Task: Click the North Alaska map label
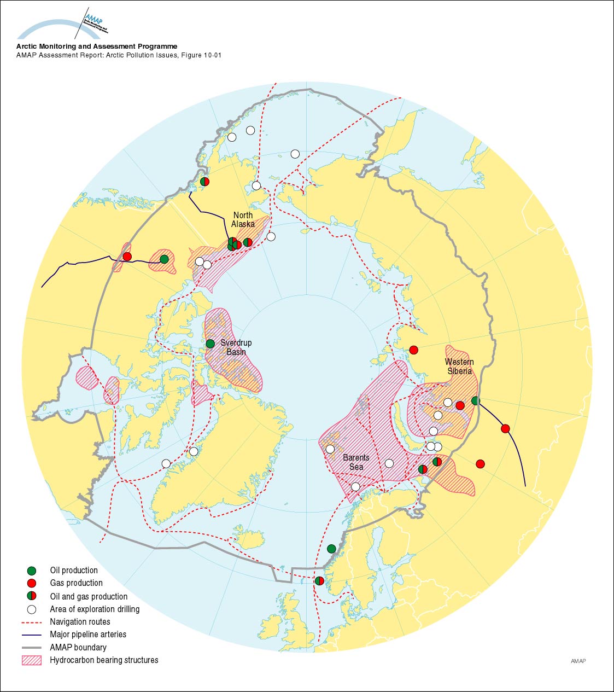point(243,219)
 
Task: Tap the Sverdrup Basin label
point(236,347)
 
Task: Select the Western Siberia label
point(459,366)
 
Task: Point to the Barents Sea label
point(356,462)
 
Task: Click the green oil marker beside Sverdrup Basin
point(210,344)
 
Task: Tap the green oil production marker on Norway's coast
point(331,548)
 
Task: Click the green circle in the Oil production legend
point(32,571)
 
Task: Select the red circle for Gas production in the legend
point(32,583)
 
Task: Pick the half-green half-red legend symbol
point(32,596)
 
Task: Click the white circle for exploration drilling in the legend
point(32,609)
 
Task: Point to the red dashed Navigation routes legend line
point(32,622)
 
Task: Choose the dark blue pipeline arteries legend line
point(32,635)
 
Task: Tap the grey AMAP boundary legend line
point(32,647)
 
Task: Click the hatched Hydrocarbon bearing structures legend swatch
point(32,660)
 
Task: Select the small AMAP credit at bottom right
point(578,661)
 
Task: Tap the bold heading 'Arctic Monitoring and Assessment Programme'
point(97,47)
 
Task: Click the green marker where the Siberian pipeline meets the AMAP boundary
point(476,400)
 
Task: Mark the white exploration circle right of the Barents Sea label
point(389,463)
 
